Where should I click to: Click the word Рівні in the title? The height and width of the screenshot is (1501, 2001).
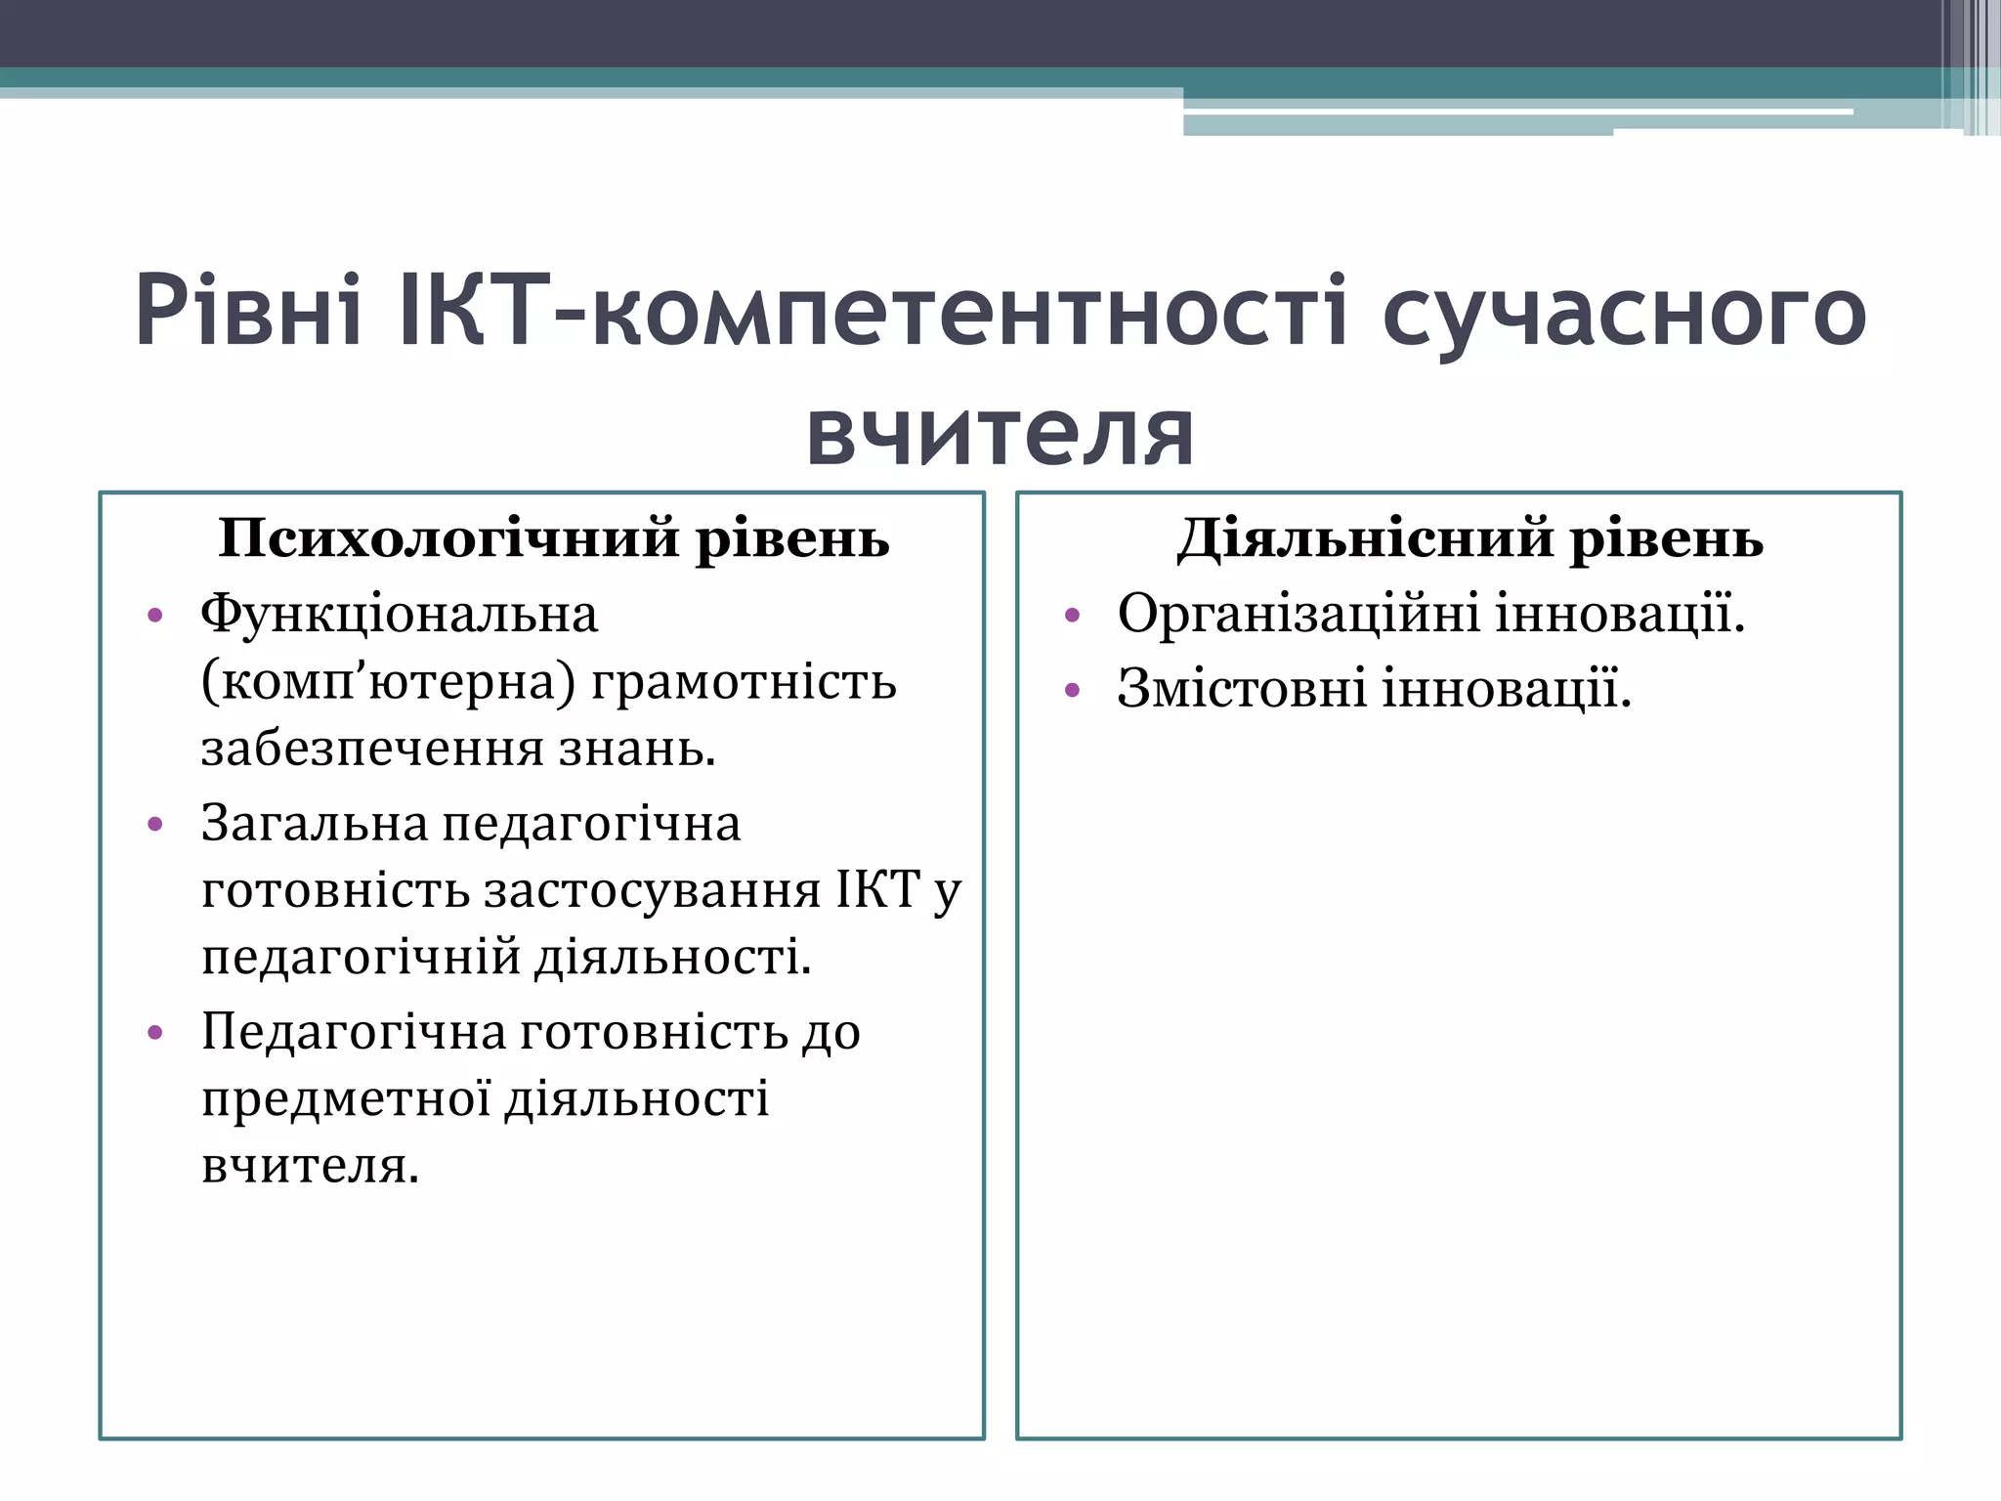click(x=249, y=313)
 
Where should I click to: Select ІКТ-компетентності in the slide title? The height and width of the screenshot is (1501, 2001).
click(x=873, y=313)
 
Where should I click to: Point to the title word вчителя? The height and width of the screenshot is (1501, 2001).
click(x=1000, y=432)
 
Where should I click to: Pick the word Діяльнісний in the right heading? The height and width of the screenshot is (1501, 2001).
click(x=1364, y=539)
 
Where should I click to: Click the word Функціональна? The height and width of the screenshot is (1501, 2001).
click(x=399, y=616)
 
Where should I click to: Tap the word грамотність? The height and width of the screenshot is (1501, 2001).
click(x=744, y=682)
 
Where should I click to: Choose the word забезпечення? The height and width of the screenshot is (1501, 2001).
click(x=372, y=750)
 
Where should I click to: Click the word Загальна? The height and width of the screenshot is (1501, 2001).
click(x=315, y=823)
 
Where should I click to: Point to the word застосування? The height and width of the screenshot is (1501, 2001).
click(x=652, y=890)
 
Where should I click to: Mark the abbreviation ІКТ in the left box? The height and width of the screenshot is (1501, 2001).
click(x=878, y=889)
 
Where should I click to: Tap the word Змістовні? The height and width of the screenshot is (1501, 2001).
click(x=1242, y=689)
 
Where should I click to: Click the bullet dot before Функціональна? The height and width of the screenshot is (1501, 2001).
click(x=154, y=617)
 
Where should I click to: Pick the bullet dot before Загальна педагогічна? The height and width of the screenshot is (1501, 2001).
click(x=154, y=825)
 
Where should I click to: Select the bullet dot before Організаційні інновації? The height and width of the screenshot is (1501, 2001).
click(x=1072, y=617)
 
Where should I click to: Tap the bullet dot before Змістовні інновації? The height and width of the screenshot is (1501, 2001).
click(x=1072, y=691)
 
